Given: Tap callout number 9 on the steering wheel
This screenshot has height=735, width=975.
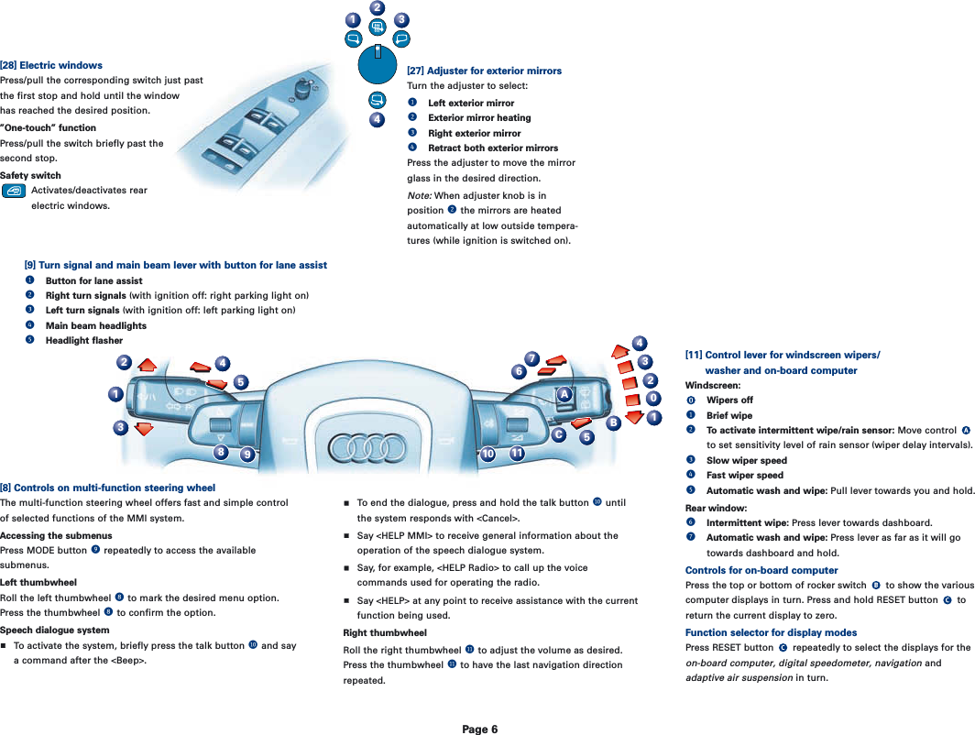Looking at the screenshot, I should coord(246,455).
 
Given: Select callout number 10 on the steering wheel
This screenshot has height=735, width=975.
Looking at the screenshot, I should coord(487,454).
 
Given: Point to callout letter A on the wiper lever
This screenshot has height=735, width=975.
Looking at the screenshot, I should coord(565,394).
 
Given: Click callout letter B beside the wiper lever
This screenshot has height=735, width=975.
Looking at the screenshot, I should coord(613,422).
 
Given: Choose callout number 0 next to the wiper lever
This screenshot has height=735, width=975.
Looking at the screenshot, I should coord(652,399).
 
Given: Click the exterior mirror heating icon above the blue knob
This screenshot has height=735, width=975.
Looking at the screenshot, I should coord(378,27).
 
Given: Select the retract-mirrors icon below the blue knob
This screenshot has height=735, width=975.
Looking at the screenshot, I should coord(376,100).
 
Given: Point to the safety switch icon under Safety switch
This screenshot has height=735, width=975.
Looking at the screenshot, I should coord(14,191).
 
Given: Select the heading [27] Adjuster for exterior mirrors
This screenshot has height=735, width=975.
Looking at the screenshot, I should coord(484,71).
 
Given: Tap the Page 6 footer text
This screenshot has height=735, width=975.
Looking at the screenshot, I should coord(479,730).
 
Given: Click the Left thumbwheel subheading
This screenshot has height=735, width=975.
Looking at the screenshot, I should coord(38,583).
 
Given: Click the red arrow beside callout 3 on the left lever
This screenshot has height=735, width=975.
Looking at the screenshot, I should coord(143,429).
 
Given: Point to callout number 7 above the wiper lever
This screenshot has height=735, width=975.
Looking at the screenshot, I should coord(531,357).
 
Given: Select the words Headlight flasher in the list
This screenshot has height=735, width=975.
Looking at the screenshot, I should coord(84,341).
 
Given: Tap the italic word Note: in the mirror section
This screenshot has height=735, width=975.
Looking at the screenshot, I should coord(419,196).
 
